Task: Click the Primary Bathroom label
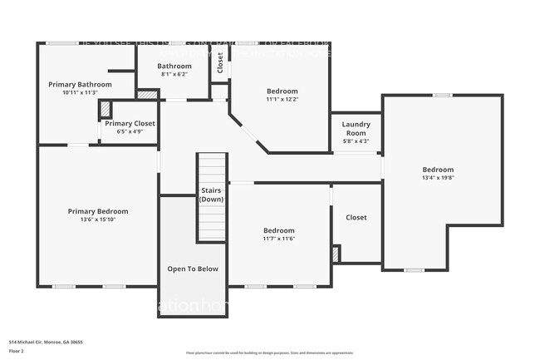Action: (x=80, y=85)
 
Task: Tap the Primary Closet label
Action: (x=130, y=123)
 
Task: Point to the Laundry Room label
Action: (x=356, y=129)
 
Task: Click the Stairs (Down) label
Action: (x=211, y=195)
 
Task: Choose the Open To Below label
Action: (x=193, y=269)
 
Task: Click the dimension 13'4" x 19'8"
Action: (x=438, y=177)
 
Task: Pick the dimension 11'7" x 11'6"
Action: (x=279, y=239)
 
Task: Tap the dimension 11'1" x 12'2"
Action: (x=282, y=99)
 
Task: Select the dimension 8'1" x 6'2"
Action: (x=174, y=74)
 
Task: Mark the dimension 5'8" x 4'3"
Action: (x=356, y=141)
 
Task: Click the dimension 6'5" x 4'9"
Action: (x=130, y=131)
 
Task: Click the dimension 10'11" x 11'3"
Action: (x=80, y=92)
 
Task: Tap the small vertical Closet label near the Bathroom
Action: (x=220, y=63)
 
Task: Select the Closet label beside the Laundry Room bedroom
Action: (x=356, y=218)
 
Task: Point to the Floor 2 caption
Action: (x=17, y=351)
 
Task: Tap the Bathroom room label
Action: (x=174, y=67)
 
